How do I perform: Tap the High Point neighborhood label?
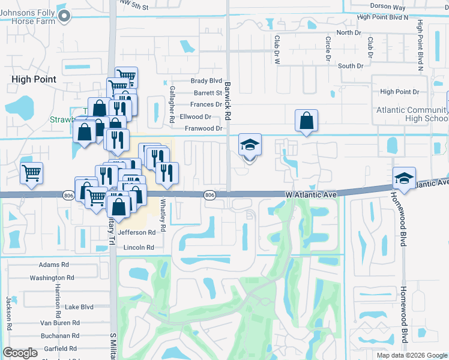pos(34,79)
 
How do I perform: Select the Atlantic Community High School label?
pos(412,114)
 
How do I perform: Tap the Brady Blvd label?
pos(206,81)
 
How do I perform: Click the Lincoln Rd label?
pos(139,247)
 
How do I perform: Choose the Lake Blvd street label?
pos(80,307)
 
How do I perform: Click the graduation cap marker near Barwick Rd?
pos(250,146)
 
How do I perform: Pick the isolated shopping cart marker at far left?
pos(31,173)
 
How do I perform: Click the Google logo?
pos(20,353)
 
